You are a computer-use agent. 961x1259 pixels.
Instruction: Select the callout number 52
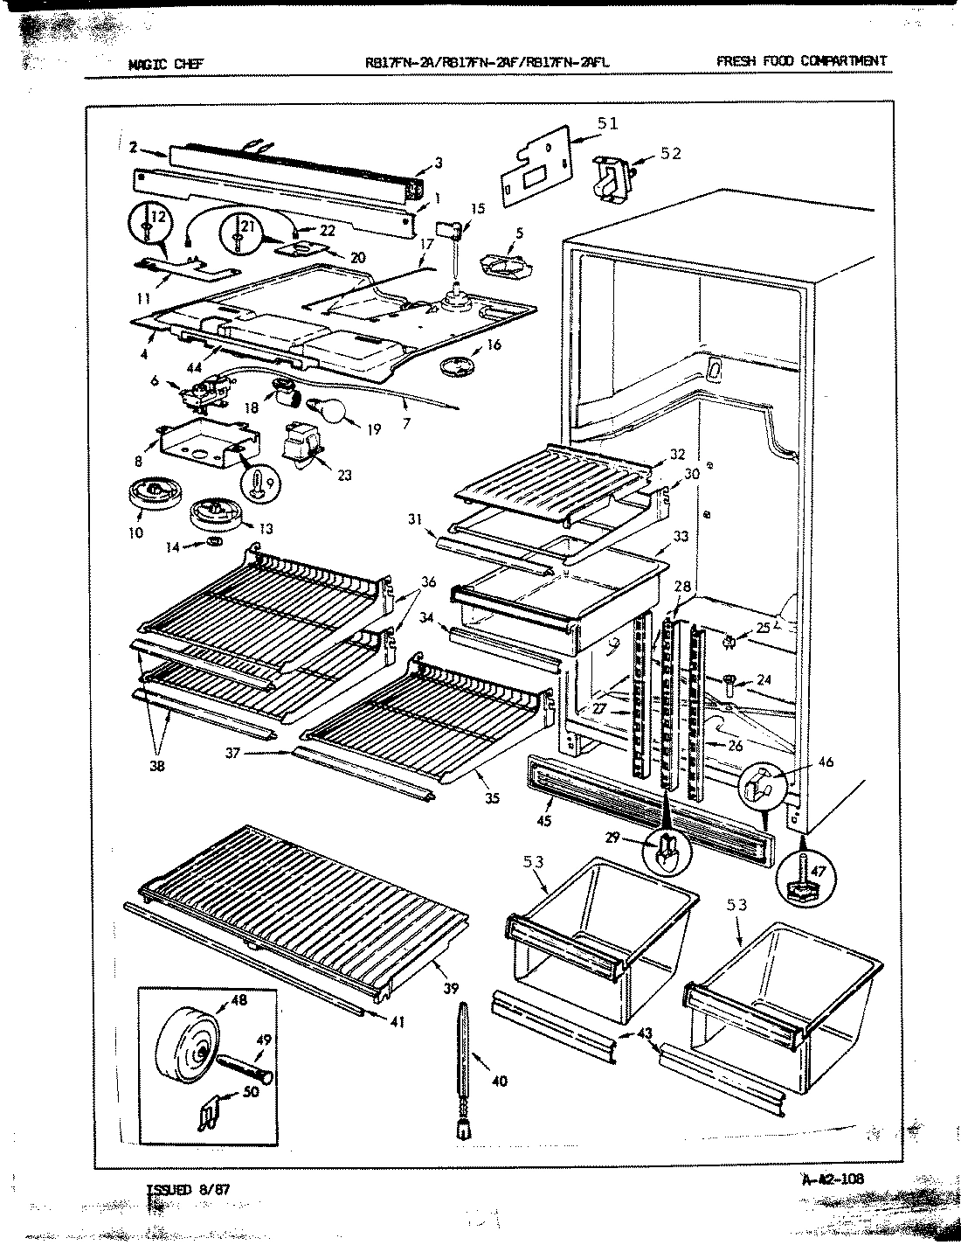[671, 155]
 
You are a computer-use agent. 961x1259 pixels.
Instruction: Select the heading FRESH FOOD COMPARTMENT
[800, 60]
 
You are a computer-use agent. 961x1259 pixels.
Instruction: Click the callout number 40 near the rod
[500, 1082]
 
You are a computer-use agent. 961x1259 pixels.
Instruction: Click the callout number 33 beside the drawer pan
[681, 536]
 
